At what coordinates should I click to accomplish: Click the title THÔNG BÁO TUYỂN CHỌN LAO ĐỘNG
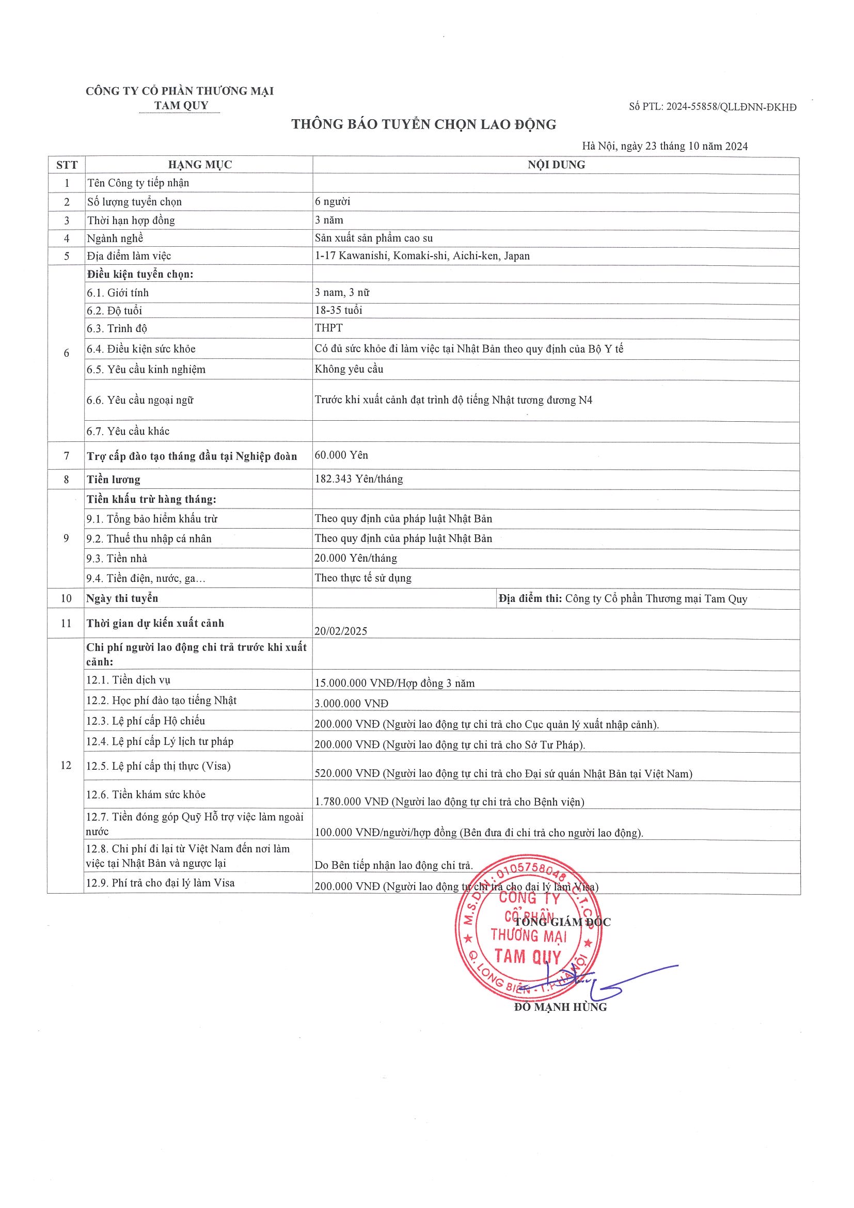point(423,125)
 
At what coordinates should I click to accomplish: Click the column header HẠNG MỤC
point(199,165)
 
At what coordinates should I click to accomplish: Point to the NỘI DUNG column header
point(556,165)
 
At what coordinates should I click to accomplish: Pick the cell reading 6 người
point(333,201)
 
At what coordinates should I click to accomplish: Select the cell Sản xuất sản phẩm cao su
point(374,239)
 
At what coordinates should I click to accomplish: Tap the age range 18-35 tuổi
point(338,310)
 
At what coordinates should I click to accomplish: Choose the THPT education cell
point(329,328)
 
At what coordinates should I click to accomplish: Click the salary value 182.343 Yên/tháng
point(359,479)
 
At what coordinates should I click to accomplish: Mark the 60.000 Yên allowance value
point(341,456)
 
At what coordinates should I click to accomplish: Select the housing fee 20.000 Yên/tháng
point(356,558)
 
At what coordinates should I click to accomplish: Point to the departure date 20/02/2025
point(341,631)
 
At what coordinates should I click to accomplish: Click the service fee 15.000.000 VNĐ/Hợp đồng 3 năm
point(394,684)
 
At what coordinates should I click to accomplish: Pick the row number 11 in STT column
point(66,624)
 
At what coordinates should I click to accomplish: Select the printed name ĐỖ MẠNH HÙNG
point(560,1007)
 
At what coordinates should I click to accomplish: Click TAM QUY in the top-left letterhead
point(181,105)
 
